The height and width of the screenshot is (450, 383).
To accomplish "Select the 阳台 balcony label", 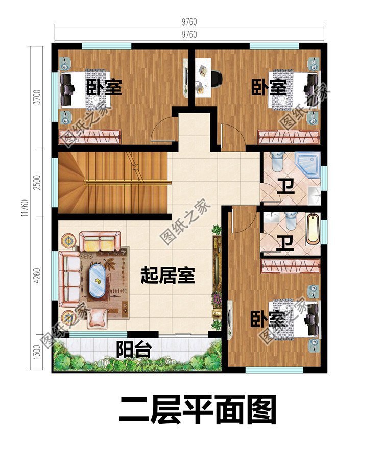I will coord(134,350).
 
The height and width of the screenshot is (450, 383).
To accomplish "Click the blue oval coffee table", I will coord(97,279).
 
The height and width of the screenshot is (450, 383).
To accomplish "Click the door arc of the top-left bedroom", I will coord(165,129).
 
